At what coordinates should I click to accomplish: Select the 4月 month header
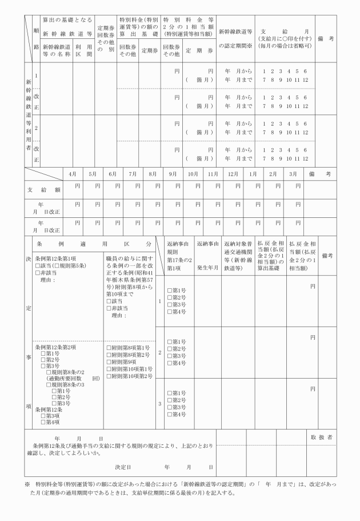73,173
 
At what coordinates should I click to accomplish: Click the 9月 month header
172,173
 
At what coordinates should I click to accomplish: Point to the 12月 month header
233,173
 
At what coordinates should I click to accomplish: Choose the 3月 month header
293,173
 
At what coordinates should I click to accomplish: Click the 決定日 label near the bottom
123,467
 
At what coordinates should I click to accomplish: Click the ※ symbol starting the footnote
26,484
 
